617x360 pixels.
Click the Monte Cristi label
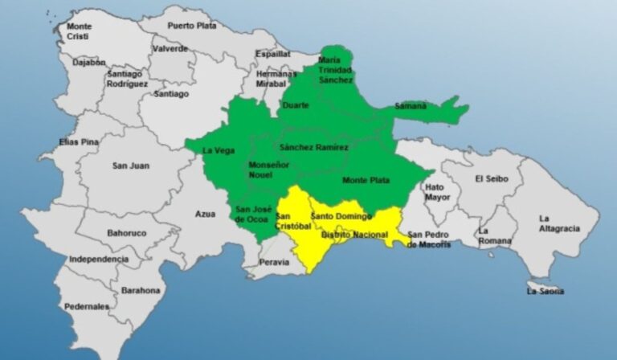click(79, 31)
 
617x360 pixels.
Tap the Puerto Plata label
click(192, 26)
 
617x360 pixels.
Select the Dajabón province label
click(88, 62)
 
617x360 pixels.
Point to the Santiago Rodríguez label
click(127, 79)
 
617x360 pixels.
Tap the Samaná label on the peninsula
click(411, 106)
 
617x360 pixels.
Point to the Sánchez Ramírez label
click(313, 148)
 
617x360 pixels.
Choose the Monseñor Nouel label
click(268, 171)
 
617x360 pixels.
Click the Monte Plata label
click(366, 181)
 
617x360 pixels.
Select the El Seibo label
click(491, 178)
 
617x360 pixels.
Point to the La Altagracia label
click(559, 223)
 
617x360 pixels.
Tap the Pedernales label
click(87, 307)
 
